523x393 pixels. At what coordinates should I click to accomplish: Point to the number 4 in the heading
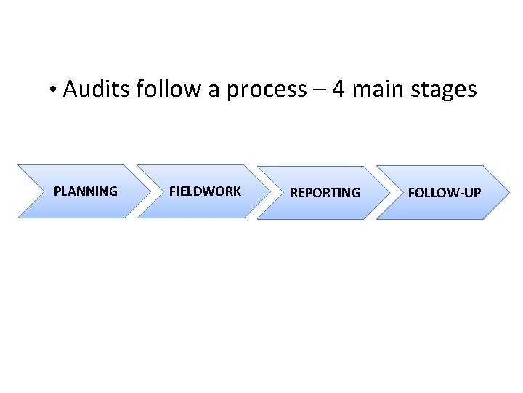point(338,90)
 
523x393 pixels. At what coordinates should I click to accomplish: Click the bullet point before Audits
point(54,91)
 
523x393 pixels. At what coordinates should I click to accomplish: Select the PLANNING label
point(86,191)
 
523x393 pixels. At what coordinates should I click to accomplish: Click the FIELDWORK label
point(205,191)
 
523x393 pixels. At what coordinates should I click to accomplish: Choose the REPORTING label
point(325,193)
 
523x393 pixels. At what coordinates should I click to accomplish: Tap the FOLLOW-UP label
point(445,193)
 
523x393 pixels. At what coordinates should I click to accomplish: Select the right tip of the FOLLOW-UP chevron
point(509,193)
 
